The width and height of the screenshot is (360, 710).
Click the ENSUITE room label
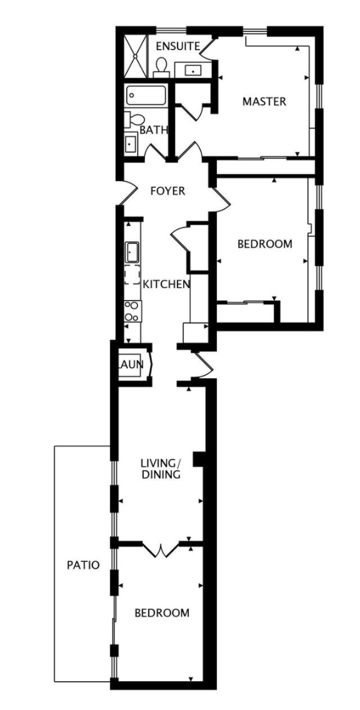(178, 46)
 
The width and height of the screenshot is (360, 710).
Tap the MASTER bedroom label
(264, 101)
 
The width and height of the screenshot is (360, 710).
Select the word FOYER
(168, 191)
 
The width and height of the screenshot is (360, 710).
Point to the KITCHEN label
(166, 284)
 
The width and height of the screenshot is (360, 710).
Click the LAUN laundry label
(131, 364)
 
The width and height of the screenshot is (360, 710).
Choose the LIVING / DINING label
(161, 469)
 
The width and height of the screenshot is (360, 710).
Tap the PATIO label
(83, 565)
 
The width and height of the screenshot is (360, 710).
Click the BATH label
(154, 131)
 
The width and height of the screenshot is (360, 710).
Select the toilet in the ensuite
(161, 67)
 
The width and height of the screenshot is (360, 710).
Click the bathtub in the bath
(146, 95)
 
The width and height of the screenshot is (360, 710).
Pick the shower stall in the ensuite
(136, 55)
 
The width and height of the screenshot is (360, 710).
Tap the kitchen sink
(132, 252)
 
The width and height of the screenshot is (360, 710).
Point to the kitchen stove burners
(132, 311)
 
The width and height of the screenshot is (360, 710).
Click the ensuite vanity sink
(193, 70)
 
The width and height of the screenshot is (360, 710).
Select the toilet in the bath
(134, 119)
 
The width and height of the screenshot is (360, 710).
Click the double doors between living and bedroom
(161, 549)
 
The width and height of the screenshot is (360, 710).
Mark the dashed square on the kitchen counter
(132, 275)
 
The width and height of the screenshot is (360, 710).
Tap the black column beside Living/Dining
(199, 459)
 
